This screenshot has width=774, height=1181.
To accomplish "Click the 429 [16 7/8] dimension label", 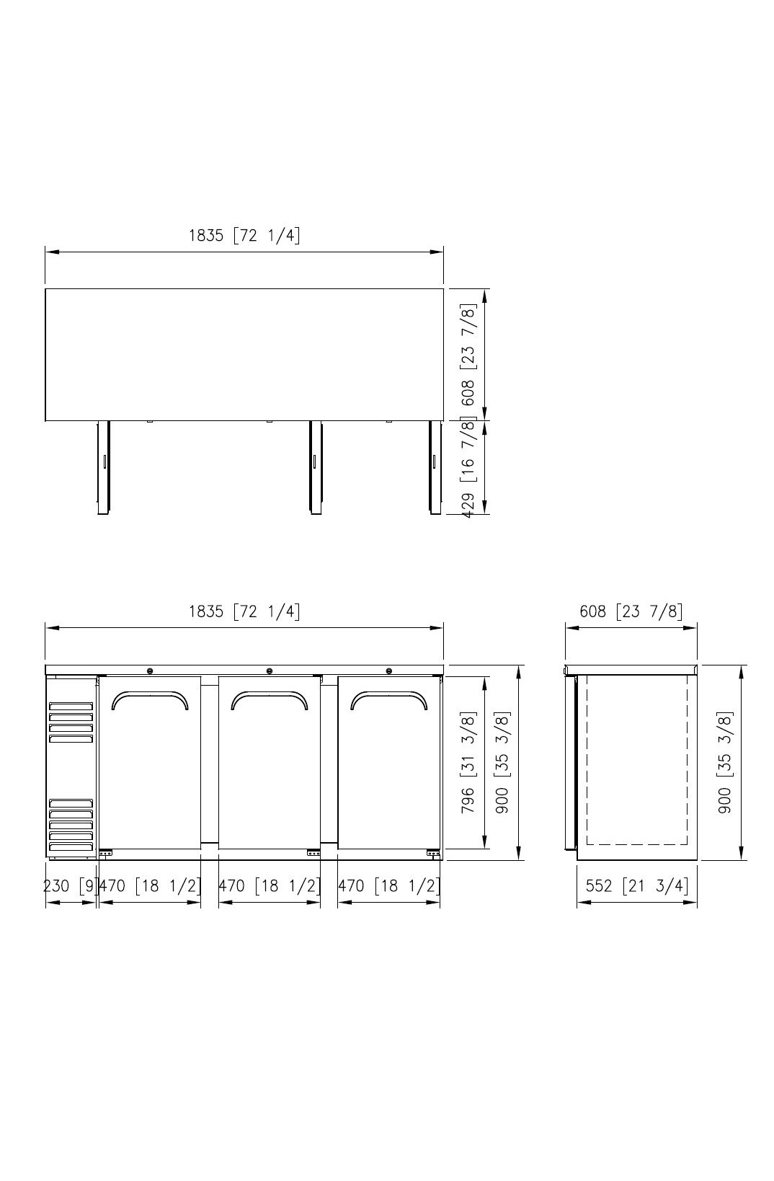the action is pyautogui.click(x=468, y=467).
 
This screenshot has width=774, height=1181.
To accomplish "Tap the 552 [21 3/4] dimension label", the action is pyautogui.click(x=636, y=885).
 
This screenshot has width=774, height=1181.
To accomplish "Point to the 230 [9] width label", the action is pyautogui.click(x=71, y=885).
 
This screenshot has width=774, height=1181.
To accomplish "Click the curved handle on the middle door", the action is pyautogui.click(x=270, y=698).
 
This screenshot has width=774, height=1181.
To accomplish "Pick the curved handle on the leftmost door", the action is pyautogui.click(x=150, y=698).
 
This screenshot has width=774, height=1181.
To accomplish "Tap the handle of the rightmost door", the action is pyautogui.click(x=389, y=698).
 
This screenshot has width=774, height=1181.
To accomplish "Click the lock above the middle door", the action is pyautogui.click(x=270, y=671).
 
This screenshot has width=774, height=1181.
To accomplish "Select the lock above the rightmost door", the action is pyautogui.click(x=389, y=671).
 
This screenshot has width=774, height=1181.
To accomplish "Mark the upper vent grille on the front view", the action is pyautogui.click(x=71, y=722).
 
